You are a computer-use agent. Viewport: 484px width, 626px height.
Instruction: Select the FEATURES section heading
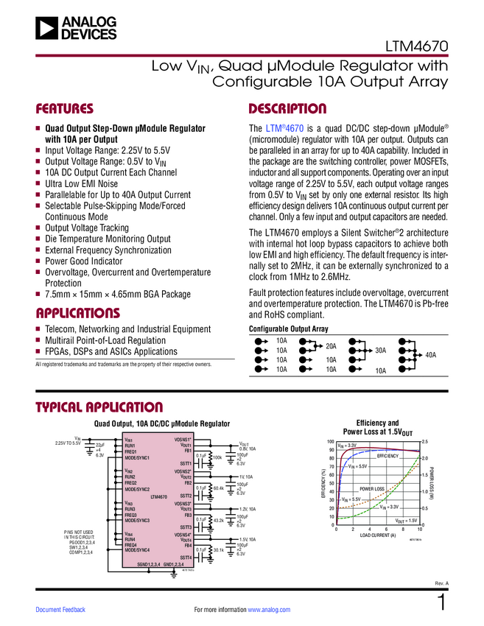coord(65,109)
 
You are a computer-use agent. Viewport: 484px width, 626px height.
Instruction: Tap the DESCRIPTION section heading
coord(287,109)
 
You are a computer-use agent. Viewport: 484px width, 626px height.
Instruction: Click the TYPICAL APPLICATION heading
coord(99,407)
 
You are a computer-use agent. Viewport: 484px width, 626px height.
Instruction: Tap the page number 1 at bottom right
coord(442,602)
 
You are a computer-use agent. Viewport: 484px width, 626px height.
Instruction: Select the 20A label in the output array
coord(331,345)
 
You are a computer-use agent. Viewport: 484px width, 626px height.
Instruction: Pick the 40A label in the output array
coord(430,355)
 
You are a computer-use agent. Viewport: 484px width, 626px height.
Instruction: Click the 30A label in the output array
coord(380,351)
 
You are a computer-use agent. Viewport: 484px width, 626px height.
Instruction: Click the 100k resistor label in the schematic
coord(217,457)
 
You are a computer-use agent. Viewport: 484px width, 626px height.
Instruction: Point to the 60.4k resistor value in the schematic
coord(218,488)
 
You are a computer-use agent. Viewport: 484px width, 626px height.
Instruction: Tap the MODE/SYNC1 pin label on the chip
coord(137,457)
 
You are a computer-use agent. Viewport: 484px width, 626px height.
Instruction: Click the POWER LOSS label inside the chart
coord(372,488)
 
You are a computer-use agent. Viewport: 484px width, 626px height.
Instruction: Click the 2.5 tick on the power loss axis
coord(425,441)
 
